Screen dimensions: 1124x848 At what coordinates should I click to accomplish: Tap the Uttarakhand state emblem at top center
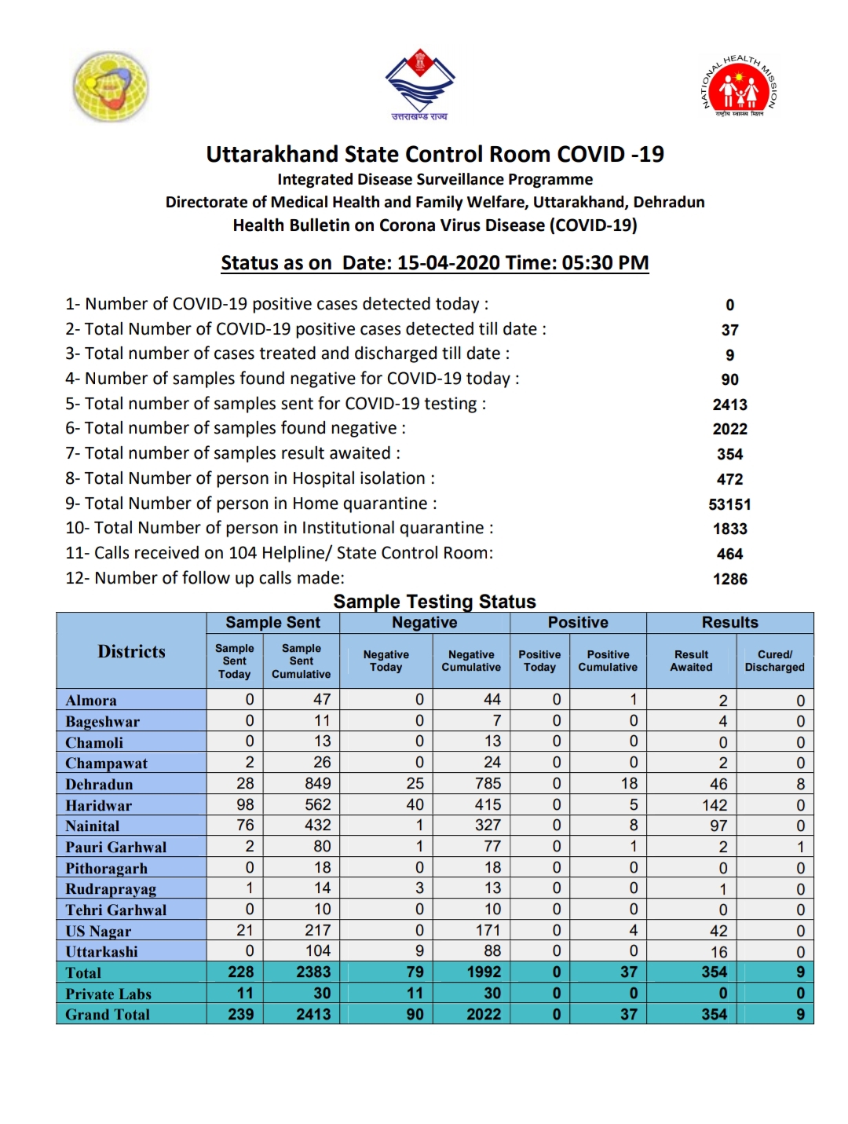420,83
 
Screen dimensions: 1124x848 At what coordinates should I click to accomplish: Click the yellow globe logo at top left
111,86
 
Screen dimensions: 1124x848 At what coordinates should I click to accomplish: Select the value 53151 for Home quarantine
729,504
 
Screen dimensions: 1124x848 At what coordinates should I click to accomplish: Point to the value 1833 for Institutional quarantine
729,529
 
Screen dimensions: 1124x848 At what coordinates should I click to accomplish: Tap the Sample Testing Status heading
434,602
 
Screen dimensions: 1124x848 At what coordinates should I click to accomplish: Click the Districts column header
131,651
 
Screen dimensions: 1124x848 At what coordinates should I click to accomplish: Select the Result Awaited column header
691,661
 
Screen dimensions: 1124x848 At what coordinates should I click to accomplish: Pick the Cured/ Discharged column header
774,661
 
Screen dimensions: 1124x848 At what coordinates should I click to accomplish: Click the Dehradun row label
99,785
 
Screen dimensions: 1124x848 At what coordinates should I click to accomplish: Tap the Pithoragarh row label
106,868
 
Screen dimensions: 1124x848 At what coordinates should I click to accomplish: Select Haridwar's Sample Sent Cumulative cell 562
317,805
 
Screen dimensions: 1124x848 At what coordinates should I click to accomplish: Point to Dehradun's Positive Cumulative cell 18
629,784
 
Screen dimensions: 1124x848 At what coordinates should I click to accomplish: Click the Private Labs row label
108,994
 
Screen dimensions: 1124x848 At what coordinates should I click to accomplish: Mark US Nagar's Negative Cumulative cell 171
488,931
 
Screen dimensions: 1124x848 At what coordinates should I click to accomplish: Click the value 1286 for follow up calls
729,579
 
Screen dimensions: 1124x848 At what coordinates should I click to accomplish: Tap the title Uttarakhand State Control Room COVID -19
434,154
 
